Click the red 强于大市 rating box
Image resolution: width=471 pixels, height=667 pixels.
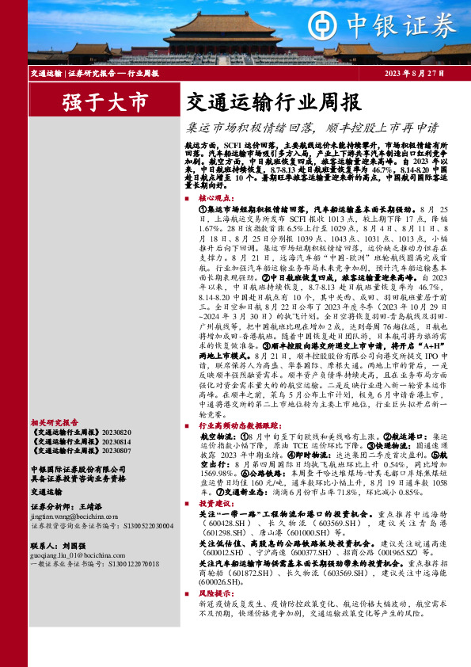105,101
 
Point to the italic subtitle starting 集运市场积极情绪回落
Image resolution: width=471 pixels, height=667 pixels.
312,126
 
